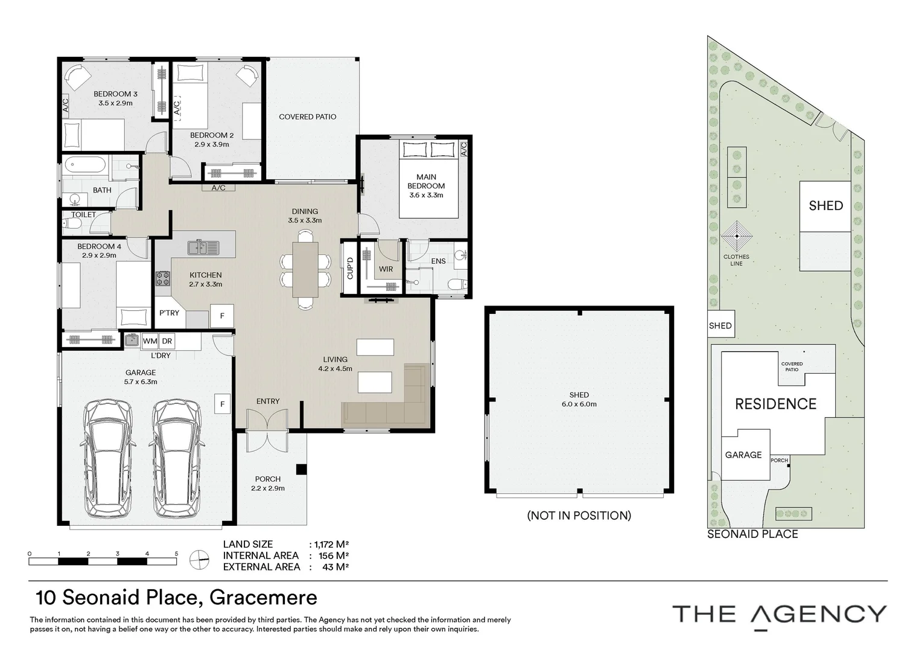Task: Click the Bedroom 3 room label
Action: pyautogui.click(x=115, y=94)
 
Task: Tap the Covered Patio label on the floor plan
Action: pyautogui.click(x=307, y=117)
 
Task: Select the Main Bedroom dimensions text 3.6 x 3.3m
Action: pyautogui.click(x=426, y=195)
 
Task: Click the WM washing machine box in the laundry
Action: pyautogui.click(x=150, y=341)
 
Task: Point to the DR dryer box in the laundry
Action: pyautogui.click(x=167, y=341)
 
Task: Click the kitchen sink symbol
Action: pyautogui.click(x=203, y=246)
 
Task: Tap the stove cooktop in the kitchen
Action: pyautogui.click(x=163, y=278)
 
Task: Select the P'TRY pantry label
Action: pyautogui.click(x=169, y=313)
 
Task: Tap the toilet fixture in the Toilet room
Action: pyautogui.click(x=72, y=225)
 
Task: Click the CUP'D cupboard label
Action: pyautogui.click(x=350, y=267)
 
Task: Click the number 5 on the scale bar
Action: pyautogui.click(x=176, y=554)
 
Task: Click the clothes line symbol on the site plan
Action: pyautogui.click(x=736, y=237)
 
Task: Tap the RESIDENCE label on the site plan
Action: pyautogui.click(x=775, y=404)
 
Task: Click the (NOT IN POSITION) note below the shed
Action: pyautogui.click(x=579, y=515)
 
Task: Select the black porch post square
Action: pyautogui.click(x=301, y=469)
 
